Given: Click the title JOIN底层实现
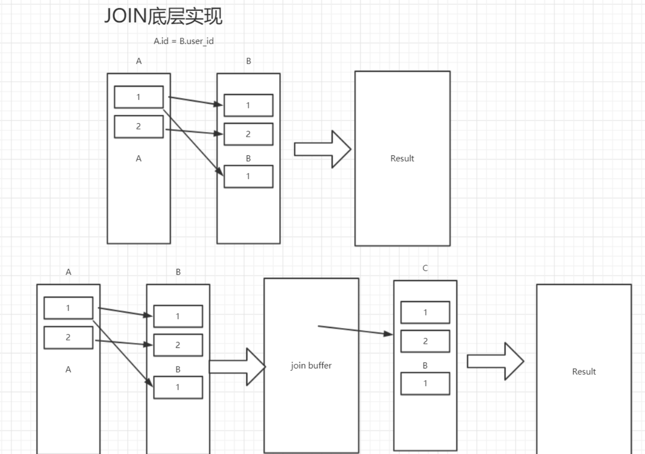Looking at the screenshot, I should click(163, 16).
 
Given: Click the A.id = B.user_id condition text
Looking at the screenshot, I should click(183, 41).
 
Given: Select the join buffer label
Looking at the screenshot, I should click(311, 366).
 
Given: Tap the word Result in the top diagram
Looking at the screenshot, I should click(402, 159).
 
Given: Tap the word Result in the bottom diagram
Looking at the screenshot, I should click(584, 372).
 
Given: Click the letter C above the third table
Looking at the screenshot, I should click(425, 268).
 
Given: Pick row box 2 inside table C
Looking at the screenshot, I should click(425, 341).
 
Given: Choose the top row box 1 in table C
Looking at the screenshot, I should click(425, 312).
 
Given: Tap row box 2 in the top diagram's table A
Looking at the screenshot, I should click(138, 127).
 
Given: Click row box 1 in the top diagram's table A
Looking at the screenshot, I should click(138, 97).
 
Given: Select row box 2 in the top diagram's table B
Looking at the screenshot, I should click(248, 134).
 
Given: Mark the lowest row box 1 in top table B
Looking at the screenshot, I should click(248, 176).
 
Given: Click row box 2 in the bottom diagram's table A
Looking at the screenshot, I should click(68, 337).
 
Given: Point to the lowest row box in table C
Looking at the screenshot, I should click(425, 383).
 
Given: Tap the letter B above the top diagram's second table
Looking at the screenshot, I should click(248, 61).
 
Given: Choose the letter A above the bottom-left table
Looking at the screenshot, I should click(68, 272).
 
